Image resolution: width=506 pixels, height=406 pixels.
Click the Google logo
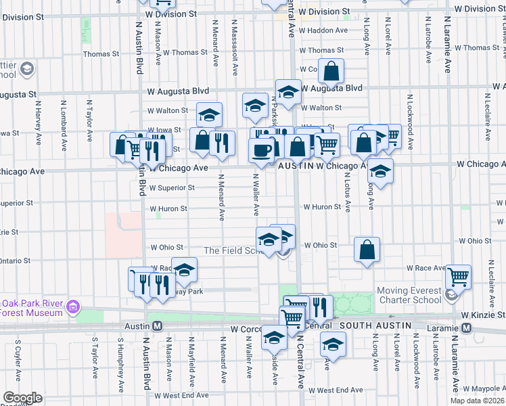pos(22,398)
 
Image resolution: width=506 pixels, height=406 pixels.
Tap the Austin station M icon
pos(157,326)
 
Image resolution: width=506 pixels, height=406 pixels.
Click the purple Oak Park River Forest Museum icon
pos(73,309)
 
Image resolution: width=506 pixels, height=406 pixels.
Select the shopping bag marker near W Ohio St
pos(366,249)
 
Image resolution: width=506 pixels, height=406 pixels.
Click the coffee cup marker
pos(261,152)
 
